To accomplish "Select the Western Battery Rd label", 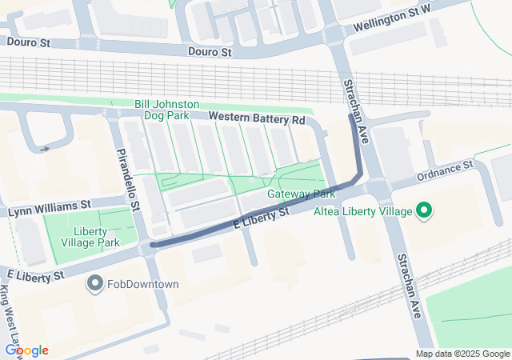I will click(257, 118).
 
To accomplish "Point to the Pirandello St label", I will click(128, 179).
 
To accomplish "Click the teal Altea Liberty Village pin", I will click(424, 211).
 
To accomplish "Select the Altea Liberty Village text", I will click(369, 212).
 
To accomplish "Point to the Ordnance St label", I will click(445, 170).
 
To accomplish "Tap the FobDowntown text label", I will click(144, 284).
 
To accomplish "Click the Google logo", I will click(27, 350).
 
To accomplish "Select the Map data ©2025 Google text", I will click(462, 354).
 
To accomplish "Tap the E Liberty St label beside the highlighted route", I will click(261, 219).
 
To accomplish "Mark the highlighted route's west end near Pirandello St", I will click(153, 244).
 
